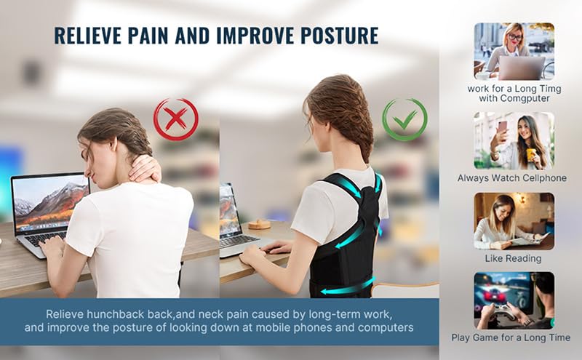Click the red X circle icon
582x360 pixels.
click(x=175, y=119)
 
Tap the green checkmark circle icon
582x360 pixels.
click(x=405, y=119)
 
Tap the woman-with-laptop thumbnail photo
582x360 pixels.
click(x=514, y=51)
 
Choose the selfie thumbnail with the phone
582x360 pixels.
click(x=514, y=140)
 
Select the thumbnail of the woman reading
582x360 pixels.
click(x=514, y=221)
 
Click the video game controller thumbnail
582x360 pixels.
click(x=514, y=300)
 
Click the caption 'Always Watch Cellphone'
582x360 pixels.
click(x=512, y=178)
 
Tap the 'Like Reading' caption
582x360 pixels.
click(x=513, y=258)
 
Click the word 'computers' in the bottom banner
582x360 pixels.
click(x=386, y=328)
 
